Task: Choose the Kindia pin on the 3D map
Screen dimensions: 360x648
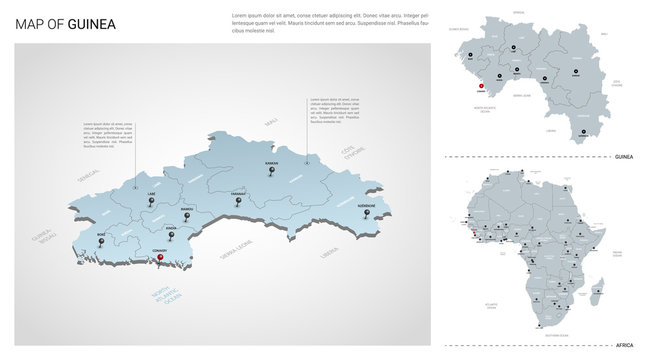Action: tap(171, 236)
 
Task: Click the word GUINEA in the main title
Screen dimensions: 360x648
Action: tap(92, 23)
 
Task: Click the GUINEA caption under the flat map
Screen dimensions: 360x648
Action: tap(624, 157)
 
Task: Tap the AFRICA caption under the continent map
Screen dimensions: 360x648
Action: tap(625, 343)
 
